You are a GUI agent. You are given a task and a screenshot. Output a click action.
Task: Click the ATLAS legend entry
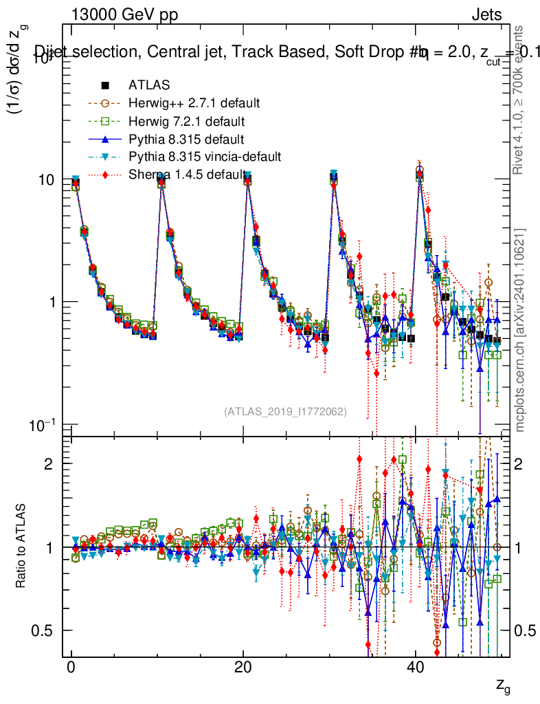point(144,85)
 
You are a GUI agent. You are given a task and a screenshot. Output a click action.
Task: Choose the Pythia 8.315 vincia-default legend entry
point(205,157)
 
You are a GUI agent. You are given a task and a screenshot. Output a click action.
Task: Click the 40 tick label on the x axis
point(414,668)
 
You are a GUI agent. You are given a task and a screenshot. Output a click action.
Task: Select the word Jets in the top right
point(486,15)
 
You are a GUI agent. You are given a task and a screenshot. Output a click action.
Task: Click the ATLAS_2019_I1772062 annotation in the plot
point(285,412)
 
